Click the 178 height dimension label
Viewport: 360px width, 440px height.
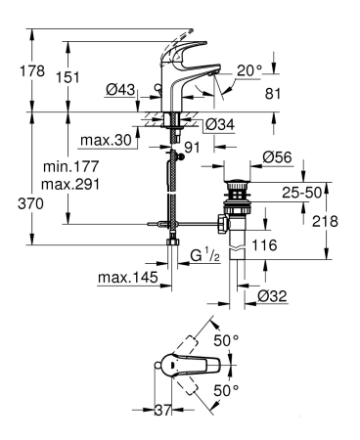pos(32,70)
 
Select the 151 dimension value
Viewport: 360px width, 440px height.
pos(67,77)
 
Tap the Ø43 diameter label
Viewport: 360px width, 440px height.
pos(120,89)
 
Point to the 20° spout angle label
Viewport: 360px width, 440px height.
pos(249,70)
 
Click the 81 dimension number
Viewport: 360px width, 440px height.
pos(273,94)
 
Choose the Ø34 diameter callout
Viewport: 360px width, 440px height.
pos(220,124)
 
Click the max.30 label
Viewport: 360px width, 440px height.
pos(107,140)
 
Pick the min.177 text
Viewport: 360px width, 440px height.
pos(70,167)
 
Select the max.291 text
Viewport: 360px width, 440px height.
pos(70,185)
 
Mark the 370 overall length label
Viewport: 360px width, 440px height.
pos(30,204)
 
